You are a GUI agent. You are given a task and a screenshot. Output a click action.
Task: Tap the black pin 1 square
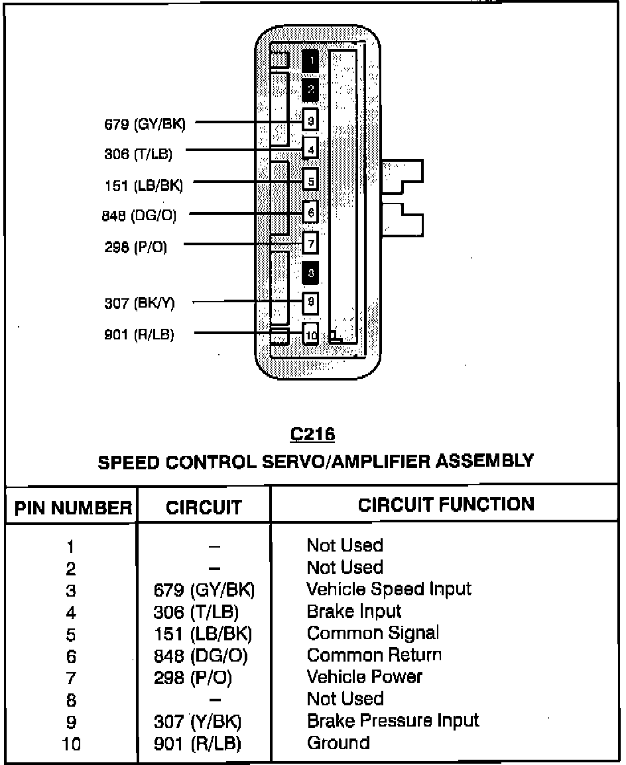pyautogui.click(x=310, y=61)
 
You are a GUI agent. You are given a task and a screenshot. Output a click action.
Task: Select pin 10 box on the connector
pyautogui.click(x=310, y=333)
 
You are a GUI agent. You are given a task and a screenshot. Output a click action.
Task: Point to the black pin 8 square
pyautogui.click(x=310, y=273)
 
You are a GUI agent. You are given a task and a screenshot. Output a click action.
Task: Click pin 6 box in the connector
pyautogui.click(x=310, y=213)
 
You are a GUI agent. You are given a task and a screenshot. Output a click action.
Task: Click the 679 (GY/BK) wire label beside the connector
pyautogui.click(x=145, y=124)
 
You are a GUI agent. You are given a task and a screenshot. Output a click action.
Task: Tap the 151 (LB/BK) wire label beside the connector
pyautogui.click(x=143, y=185)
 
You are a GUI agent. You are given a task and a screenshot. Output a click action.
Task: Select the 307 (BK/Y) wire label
pyautogui.click(x=139, y=304)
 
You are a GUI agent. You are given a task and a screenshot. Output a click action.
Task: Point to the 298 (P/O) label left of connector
pyautogui.click(x=135, y=247)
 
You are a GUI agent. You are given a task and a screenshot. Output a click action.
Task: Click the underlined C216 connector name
pyautogui.click(x=312, y=435)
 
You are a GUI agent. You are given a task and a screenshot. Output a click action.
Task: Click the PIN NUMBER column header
pyautogui.click(x=73, y=508)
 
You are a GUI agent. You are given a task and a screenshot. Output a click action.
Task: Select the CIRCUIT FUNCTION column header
pyautogui.click(x=446, y=504)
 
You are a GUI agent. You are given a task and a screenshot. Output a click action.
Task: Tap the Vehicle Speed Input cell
pyautogui.click(x=389, y=589)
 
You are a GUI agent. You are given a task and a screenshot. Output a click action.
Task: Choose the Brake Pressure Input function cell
pyautogui.click(x=393, y=720)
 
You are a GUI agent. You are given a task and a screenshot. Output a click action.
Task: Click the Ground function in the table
pyautogui.click(x=338, y=742)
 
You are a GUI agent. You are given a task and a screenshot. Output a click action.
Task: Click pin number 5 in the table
pyautogui.click(x=71, y=634)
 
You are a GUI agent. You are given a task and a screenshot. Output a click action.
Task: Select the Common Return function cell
pyautogui.click(x=374, y=655)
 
